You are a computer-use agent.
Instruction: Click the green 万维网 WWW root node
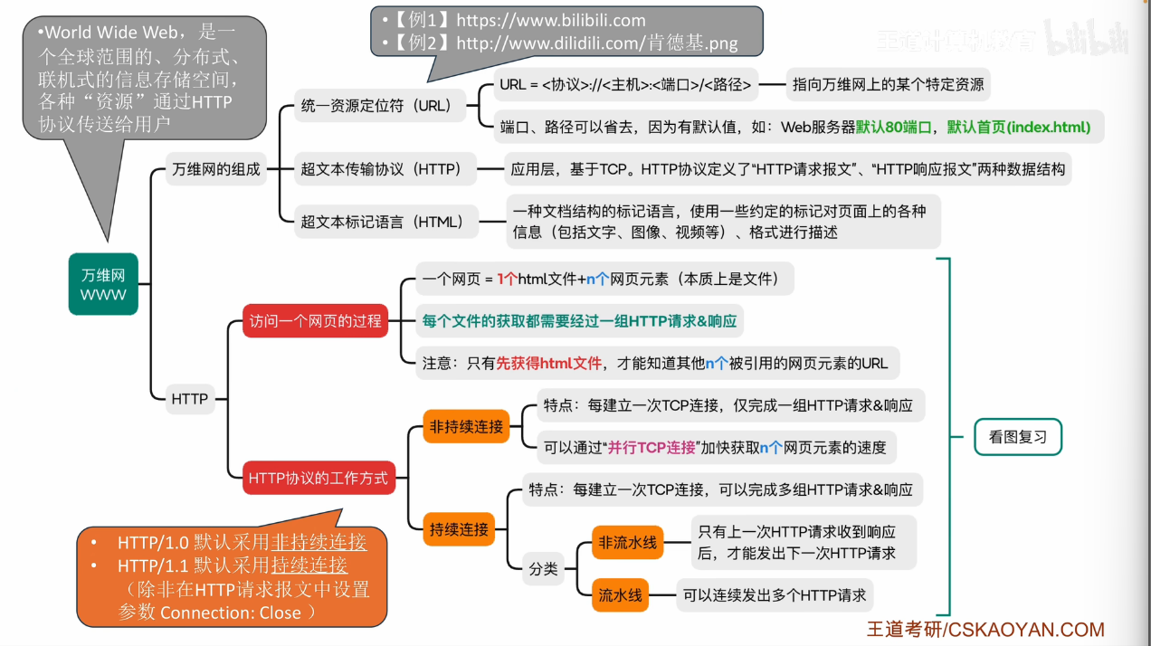103,284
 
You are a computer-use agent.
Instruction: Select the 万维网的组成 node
215,169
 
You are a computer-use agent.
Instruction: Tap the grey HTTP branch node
190,399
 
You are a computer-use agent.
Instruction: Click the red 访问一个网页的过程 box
315,321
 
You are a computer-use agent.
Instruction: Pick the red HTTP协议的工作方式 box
319,478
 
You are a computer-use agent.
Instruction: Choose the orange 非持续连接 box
466,426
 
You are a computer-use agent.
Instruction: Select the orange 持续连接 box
459,528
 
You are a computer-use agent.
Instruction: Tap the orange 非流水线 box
627,542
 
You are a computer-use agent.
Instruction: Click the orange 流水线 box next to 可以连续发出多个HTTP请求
620,595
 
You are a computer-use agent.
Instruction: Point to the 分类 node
543,569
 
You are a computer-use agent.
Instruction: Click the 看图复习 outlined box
1018,437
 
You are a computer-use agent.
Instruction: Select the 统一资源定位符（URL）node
380,105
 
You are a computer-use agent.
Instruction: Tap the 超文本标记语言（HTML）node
385,222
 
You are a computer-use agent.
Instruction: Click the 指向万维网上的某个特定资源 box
888,84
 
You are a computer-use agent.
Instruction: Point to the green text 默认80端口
894,127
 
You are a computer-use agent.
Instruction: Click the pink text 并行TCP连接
652,448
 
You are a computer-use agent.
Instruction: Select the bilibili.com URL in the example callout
551,21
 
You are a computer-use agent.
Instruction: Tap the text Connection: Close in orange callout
231,613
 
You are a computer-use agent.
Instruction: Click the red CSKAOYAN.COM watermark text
1026,630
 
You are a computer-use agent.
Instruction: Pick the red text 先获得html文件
548,364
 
